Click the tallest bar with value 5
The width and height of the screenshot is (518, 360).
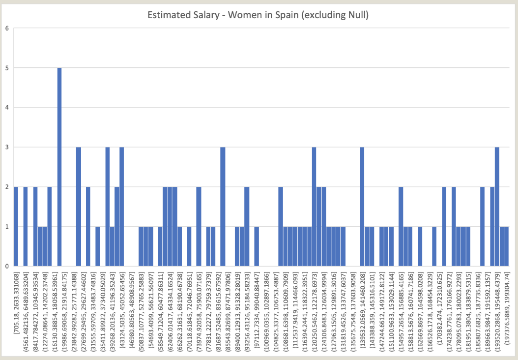(59, 167)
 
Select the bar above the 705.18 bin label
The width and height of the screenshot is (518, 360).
(16, 227)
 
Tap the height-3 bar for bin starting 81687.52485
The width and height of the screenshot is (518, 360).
(223, 207)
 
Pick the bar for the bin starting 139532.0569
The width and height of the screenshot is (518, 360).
(362, 207)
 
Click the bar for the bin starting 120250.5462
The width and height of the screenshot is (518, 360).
(314, 207)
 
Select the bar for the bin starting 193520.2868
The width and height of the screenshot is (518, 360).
(497, 207)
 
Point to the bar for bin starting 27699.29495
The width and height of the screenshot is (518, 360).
(88, 227)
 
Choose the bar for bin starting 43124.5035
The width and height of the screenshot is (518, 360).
(122, 207)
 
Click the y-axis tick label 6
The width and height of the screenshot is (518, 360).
(6, 28)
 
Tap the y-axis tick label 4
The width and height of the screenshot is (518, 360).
(6, 107)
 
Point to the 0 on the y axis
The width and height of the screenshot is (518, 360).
(6, 267)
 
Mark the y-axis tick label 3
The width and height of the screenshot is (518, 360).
(6, 147)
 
